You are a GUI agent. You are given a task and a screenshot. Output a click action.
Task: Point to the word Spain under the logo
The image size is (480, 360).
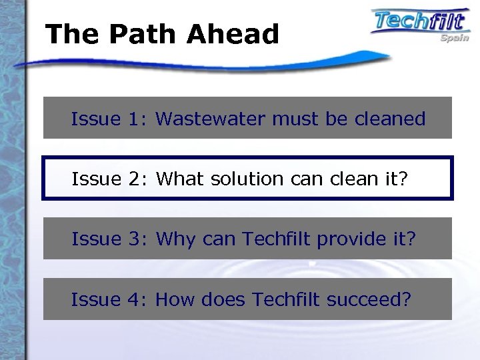(x=454, y=39)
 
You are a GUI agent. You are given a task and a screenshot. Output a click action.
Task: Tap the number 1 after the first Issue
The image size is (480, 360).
(x=137, y=119)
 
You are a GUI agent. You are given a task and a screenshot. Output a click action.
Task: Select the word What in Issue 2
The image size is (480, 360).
(x=181, y=179)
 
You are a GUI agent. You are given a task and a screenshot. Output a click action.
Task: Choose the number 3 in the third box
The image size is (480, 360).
(x=137, y=239)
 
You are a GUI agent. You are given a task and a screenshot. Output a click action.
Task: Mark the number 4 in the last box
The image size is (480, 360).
(x=137, y=299)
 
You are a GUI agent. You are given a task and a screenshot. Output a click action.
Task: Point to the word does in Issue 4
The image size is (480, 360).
(x=227, y=299)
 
